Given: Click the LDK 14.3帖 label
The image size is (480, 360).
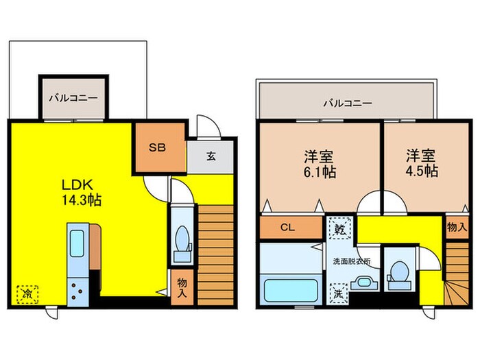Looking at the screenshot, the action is click(82, 193).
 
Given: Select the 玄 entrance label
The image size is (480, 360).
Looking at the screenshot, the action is click(211, 156).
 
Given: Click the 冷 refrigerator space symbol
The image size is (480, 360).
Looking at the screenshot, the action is click(27, 294).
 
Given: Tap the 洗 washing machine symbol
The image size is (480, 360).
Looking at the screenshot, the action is click(338, 293).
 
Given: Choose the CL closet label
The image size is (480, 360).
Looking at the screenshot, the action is click(287, 227).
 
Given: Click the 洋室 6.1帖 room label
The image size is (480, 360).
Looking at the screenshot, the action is click(320, 165).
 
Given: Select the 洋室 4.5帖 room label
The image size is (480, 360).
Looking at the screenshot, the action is click(422, 163).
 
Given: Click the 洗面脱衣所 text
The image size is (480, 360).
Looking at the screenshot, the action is click(352, 261).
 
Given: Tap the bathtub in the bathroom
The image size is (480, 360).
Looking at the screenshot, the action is click(291, 290).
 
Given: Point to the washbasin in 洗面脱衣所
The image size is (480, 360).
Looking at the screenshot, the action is click(363, 283).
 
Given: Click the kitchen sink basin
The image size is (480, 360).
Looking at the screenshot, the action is click(77, 243).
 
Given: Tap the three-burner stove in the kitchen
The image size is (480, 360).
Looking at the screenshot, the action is click(77, 291).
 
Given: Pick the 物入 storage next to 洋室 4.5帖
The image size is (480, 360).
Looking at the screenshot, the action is click(457, 227).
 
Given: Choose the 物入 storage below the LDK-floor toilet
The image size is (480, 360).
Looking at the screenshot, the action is click(182, 287).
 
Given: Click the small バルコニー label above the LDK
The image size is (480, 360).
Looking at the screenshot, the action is click(74, 98).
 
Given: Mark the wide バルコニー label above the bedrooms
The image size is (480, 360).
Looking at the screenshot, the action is click(348, 103).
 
